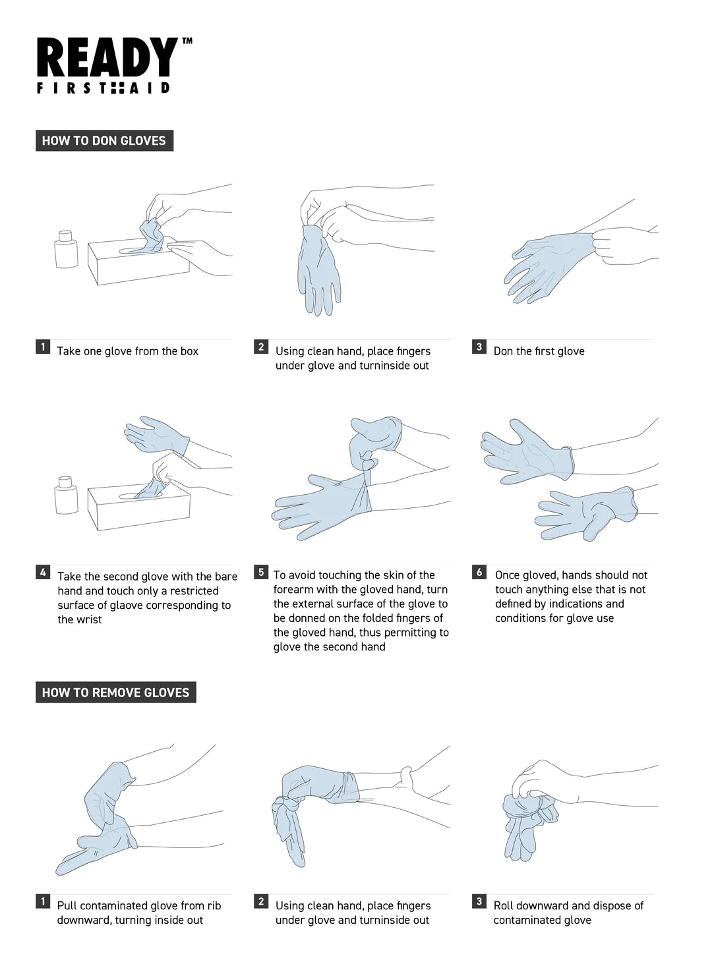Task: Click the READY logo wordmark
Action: point(107,57)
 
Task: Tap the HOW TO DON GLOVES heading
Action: point(104,140)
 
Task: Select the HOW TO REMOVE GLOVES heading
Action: point(116,693)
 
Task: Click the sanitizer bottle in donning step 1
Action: point(66,249)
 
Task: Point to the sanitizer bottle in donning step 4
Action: point(66,495)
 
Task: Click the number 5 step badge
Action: point(261,572)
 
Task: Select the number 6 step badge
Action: point(479,572)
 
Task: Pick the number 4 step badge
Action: point(43,572)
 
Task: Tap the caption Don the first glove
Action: point(539,351)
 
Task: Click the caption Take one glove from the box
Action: point(128,351)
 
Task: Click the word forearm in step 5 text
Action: point(293,590)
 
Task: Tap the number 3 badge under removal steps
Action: point(479,901)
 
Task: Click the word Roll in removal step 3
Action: point(504,905)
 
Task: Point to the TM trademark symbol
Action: point(187,41)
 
